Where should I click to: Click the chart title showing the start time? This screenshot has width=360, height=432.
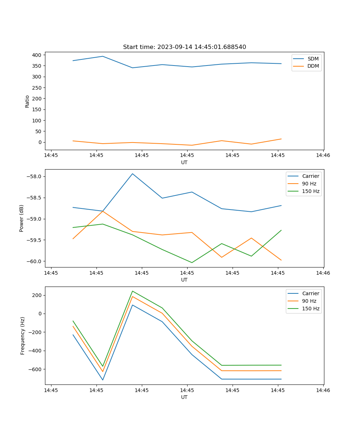pos(184,47)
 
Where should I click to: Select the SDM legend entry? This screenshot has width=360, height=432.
pos(313,59)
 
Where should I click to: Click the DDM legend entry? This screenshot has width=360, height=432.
pos(313,66)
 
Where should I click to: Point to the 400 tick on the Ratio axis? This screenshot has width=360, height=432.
pos(37,55)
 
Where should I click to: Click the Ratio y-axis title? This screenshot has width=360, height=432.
pos(27,101)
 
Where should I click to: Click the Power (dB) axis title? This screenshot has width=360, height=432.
pos(22,218)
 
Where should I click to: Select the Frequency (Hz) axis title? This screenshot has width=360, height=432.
pos(23,336)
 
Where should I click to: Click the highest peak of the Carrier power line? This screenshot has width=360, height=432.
pos(132,174)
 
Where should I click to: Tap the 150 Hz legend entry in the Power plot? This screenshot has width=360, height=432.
pos(311,191)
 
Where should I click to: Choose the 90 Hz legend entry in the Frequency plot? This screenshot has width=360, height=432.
pos(309,301)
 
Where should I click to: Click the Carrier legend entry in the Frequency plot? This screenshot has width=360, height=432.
pos(310,293)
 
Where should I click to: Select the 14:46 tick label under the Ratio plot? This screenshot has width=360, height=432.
pos(323,156)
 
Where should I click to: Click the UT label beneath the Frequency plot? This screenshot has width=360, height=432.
pos(184,397)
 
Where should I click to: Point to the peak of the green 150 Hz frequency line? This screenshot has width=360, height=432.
pos(132,291)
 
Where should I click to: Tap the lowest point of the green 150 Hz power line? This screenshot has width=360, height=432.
pos(192,262)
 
